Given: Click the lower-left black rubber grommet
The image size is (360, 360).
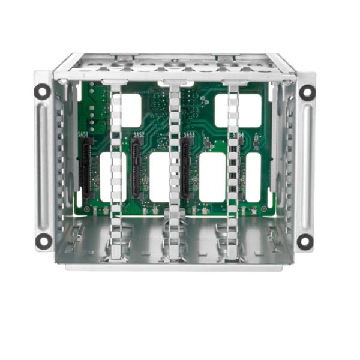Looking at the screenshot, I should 43,241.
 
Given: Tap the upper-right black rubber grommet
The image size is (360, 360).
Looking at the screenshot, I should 307,92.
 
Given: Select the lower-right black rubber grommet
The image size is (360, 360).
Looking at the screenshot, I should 305,241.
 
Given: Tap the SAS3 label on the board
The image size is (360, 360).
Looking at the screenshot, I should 188,135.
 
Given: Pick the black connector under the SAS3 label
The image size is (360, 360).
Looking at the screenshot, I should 187,170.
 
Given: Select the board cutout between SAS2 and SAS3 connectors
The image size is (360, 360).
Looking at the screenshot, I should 159,176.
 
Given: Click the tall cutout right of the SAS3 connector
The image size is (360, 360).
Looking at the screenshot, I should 212,176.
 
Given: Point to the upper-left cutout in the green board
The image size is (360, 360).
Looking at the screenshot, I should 131,110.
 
